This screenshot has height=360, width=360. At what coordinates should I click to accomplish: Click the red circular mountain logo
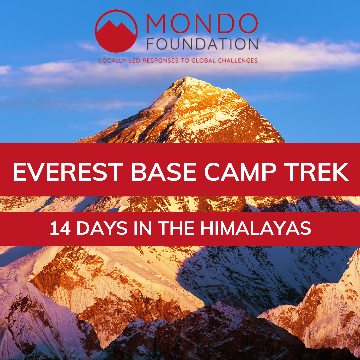click(x=116, y=31)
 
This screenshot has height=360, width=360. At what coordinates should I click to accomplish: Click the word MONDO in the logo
click(x=202, y=23)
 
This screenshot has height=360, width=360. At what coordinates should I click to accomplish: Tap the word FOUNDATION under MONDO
click(x=202, y=44)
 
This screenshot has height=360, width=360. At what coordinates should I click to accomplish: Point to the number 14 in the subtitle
click(x=60, y=228)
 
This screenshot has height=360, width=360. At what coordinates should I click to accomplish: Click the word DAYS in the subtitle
click(x=102, y=228)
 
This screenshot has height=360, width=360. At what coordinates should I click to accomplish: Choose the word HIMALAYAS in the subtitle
click(x=256, y=228)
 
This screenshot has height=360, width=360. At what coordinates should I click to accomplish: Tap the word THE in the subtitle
click(x=176, y=228)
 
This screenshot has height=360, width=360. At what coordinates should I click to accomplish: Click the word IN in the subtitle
click(x=143, y=228)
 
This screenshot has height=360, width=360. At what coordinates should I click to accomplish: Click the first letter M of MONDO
click(x=156, y=23)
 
